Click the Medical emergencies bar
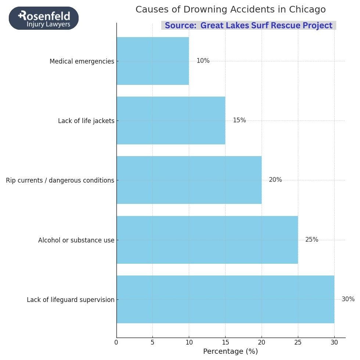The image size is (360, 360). [x=152, y=61]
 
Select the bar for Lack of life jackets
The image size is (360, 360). [x=171, y=120]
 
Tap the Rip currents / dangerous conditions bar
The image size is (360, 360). [x=189, y=180]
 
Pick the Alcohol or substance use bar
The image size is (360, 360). [x=207, y=240]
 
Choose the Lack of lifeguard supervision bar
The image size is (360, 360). [x=225, y=299]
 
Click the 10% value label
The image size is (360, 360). [x=203, y=61]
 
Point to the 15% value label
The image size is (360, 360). [x=239, y=120]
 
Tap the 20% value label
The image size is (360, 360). [x=275, y=180]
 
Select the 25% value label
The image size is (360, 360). [x=312, y=240]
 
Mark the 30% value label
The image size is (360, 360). [x=348, y=299]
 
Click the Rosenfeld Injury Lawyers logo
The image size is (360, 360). [x=44, y=18]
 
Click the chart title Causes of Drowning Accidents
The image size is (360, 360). [x=230, y=10]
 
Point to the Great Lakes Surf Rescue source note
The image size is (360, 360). [x=248, y=26]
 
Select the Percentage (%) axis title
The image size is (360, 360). [x=230, y=352]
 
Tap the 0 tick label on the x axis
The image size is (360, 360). [x=116, y=342]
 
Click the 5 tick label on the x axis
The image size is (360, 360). [x=152, y=342]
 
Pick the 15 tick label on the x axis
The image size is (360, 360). [x=225, y=342]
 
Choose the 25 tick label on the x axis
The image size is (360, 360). [x=298, y=342]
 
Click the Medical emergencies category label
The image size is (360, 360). [x=82, y=61]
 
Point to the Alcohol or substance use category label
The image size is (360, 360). [x=76, y=240]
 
